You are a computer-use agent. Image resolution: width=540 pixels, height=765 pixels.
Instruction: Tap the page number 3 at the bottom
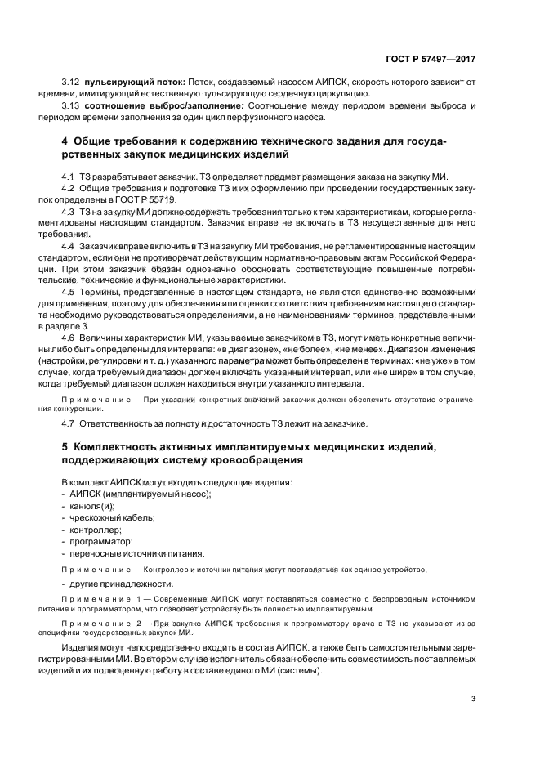[x=473, y=698]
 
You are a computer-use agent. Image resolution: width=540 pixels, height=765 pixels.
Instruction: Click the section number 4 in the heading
[x=65, y=141]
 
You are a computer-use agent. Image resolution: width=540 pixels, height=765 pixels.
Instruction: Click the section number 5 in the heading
[x=65, y=446]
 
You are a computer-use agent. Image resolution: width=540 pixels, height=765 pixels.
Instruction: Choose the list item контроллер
[x=96, y=530]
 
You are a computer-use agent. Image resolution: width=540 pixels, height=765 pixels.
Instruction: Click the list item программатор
[x=102, y=541]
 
